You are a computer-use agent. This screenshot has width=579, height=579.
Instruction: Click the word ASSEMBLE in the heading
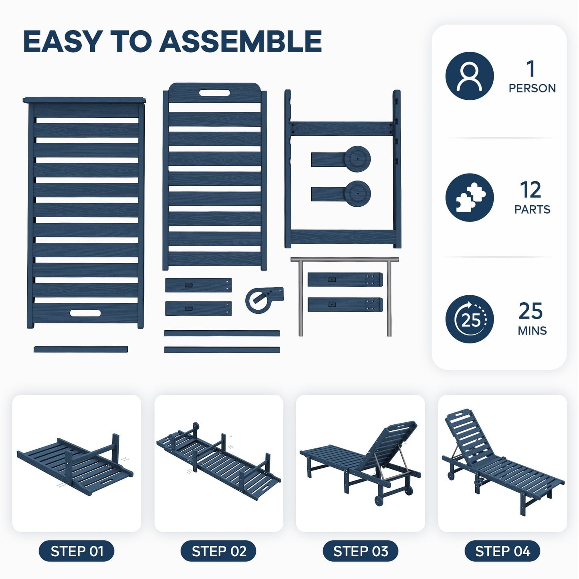click(240, 41)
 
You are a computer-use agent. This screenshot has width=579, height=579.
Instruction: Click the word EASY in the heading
click(61, 41)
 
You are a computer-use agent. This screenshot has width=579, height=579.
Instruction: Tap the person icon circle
click(469, 76)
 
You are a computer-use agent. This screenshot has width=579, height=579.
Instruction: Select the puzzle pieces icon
click(469, 198)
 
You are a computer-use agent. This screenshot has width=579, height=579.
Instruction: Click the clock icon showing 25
click(469, 319)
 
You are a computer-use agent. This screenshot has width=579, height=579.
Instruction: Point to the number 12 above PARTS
click(531, 190)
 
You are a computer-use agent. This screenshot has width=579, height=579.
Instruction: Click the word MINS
click(532, 331)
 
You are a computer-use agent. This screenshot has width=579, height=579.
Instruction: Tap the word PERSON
click(532, 88)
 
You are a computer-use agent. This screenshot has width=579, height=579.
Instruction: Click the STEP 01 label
click(77, 551)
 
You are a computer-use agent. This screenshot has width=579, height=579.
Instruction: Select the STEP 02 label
click(219, 551)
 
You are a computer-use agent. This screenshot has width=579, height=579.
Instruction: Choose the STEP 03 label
click(361, 551)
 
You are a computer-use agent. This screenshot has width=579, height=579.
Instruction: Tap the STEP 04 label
click(502, 551)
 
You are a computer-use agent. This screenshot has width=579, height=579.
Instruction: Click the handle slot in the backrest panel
click(214, 93)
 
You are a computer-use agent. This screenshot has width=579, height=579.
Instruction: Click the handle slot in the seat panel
click(85, 313)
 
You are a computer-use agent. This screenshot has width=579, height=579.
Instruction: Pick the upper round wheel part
click(357, 159)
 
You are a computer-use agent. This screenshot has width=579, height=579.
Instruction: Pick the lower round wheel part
click(357, 194)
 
